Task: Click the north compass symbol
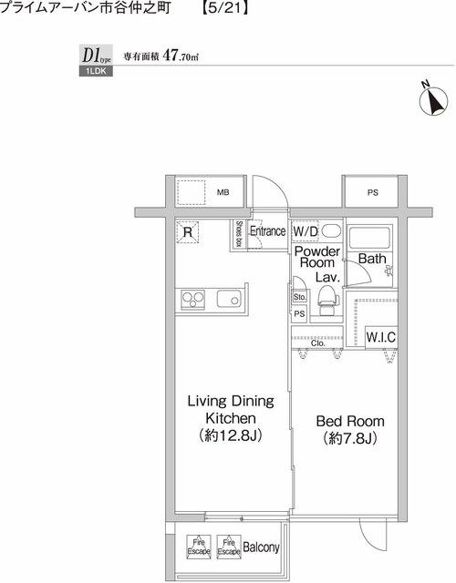[x=433, y=99]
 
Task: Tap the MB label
[x=223, y=192]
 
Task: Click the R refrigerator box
[x=188, y=232]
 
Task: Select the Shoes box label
[x=239, y=234]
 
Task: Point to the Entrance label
[x=267, y=230]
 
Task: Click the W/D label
[x=306, y=231]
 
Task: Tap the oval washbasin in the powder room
[x=331, y=231]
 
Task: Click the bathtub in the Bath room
[x=369, y=237]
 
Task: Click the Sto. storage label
[x=300, y=297]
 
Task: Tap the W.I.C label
[x=381, y=337]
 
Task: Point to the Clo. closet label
[x=318, y=343]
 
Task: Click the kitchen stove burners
[x=192, y=300]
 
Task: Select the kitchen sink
[x=229, y=299]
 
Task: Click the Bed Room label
[x=350, y=421]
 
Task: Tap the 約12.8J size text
[x=231, y=435]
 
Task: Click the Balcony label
[x=261, y=547]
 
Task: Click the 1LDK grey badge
[x=96, y=71]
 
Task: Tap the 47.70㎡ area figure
[x=181, y=56]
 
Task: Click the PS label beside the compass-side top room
[x=373, y=192]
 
